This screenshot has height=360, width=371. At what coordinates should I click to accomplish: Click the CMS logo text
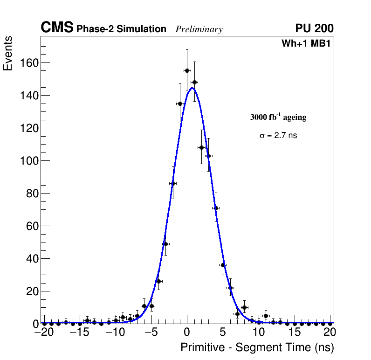[57, 28]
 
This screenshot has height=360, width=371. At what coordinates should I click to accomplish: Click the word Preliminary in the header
[199, 29]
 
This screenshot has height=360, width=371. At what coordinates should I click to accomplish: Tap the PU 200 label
[314, 28]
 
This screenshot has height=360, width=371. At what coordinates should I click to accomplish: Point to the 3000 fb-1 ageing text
[278, 117]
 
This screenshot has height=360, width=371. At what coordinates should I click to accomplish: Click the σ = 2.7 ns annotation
[278, 136]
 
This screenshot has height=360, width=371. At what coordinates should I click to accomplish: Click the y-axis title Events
[8, 54]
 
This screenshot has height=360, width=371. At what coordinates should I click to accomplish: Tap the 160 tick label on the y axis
[29, 63]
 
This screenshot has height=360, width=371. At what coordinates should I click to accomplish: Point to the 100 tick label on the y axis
[29, 161]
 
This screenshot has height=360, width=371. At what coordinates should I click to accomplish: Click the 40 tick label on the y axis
[32, 259]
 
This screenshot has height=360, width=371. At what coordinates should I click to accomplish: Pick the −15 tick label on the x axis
[79, 332]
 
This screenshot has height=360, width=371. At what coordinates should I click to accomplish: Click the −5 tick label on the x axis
[151, 332]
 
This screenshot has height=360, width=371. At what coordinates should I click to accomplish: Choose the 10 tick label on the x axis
[259, 332]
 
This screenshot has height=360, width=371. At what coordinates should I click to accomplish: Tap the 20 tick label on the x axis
[330, 332]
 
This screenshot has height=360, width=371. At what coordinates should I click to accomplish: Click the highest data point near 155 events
[187, 70]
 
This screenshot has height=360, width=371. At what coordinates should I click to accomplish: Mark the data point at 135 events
[180, 104]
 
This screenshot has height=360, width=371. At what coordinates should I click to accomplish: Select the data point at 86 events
[173, 183]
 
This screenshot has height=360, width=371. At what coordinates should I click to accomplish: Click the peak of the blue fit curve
[192, 88]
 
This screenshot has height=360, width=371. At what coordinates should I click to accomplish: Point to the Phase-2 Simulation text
[121, 29]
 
